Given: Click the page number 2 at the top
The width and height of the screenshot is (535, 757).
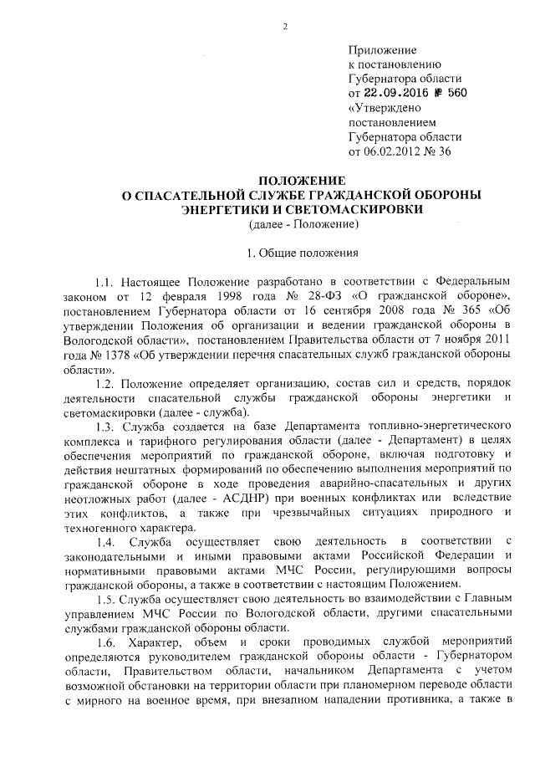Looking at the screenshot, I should (284, 26).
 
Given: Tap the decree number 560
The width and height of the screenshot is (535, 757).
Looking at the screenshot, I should (456, 93).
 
